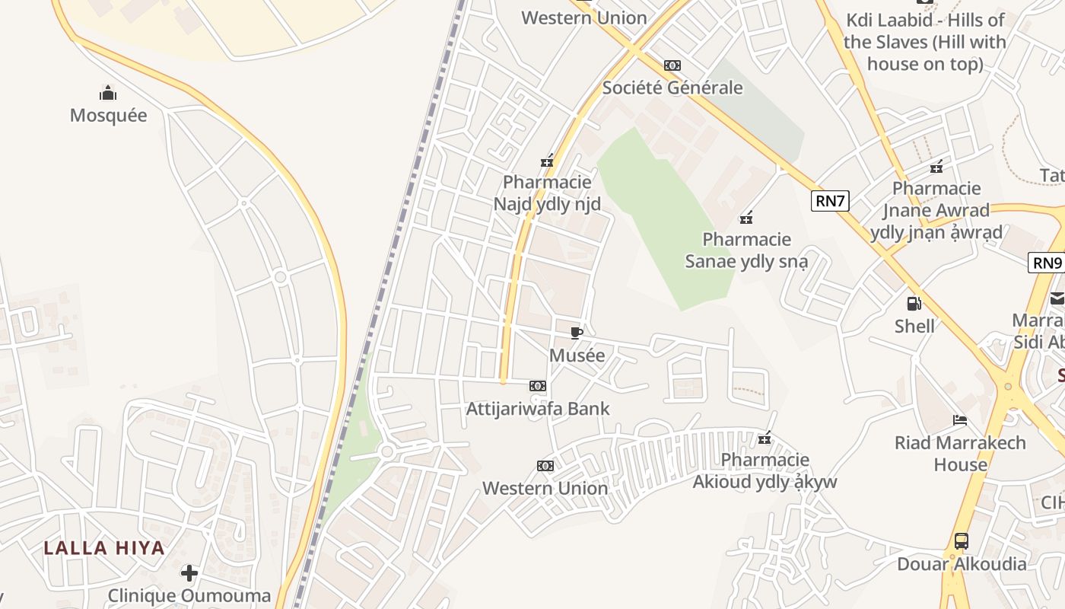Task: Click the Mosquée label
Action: coord(108,115)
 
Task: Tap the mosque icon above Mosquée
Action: coord(108,94)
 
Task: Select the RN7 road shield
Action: coord(829,200)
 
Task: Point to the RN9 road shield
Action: coord(1047,263)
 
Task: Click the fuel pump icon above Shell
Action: coord(914,304)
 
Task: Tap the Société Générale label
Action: coord(672,88)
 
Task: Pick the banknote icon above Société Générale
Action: coord(672,65)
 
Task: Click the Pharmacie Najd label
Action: coord(547,193)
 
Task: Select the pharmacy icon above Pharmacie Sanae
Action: coord(746,218)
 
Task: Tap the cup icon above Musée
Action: coord(577,333)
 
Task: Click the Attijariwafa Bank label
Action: coord(538,408)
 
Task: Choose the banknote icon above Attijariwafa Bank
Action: coord(538,386)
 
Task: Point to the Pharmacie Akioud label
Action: coord(765,470)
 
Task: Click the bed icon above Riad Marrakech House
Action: coord(960,420)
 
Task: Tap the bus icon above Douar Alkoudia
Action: coord(962,541)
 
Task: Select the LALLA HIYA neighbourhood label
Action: coord(104,547)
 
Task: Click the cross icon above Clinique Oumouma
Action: coord(189,572)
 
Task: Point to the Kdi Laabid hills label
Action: coord(925,42)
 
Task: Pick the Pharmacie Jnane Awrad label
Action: coord(936,210)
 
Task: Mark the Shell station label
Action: coord(914,326)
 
